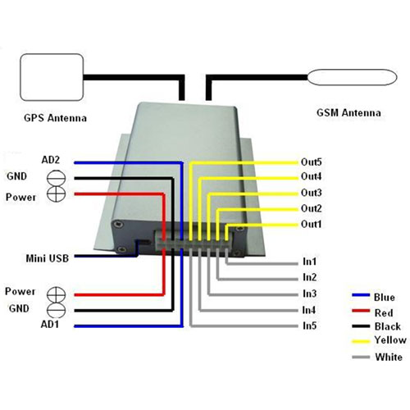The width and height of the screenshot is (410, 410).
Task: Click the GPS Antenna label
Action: (55, 118)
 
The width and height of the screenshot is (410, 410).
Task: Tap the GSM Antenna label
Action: (348, 112)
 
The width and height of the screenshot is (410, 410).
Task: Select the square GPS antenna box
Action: (52, 77)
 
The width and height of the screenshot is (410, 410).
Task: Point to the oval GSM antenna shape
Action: (353, 77)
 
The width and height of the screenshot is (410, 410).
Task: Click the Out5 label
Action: (312, 162)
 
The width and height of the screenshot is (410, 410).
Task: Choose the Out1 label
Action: (312, 224)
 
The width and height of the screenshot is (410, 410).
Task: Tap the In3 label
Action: (309, 294)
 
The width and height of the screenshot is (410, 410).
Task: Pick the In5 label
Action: (309, 326)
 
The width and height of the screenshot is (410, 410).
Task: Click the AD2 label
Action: (50, 160)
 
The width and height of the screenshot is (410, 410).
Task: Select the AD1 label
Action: (50, 325)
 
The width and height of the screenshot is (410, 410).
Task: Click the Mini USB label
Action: (48, 258)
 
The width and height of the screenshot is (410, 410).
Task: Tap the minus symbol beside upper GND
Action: (57, 179)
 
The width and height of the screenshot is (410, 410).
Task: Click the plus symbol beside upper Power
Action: (57, 194)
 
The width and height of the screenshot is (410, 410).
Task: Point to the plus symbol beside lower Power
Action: (57, 295)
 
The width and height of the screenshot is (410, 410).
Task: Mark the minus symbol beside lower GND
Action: (57, 311)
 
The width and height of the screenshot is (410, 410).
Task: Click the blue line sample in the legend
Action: (361, 295)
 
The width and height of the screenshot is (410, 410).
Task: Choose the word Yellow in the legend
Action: (390, 340)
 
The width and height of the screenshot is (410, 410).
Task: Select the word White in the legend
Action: (389, 357)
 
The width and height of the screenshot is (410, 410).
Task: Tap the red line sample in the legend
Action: (361, 311)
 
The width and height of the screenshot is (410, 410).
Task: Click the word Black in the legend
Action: (388, 326)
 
